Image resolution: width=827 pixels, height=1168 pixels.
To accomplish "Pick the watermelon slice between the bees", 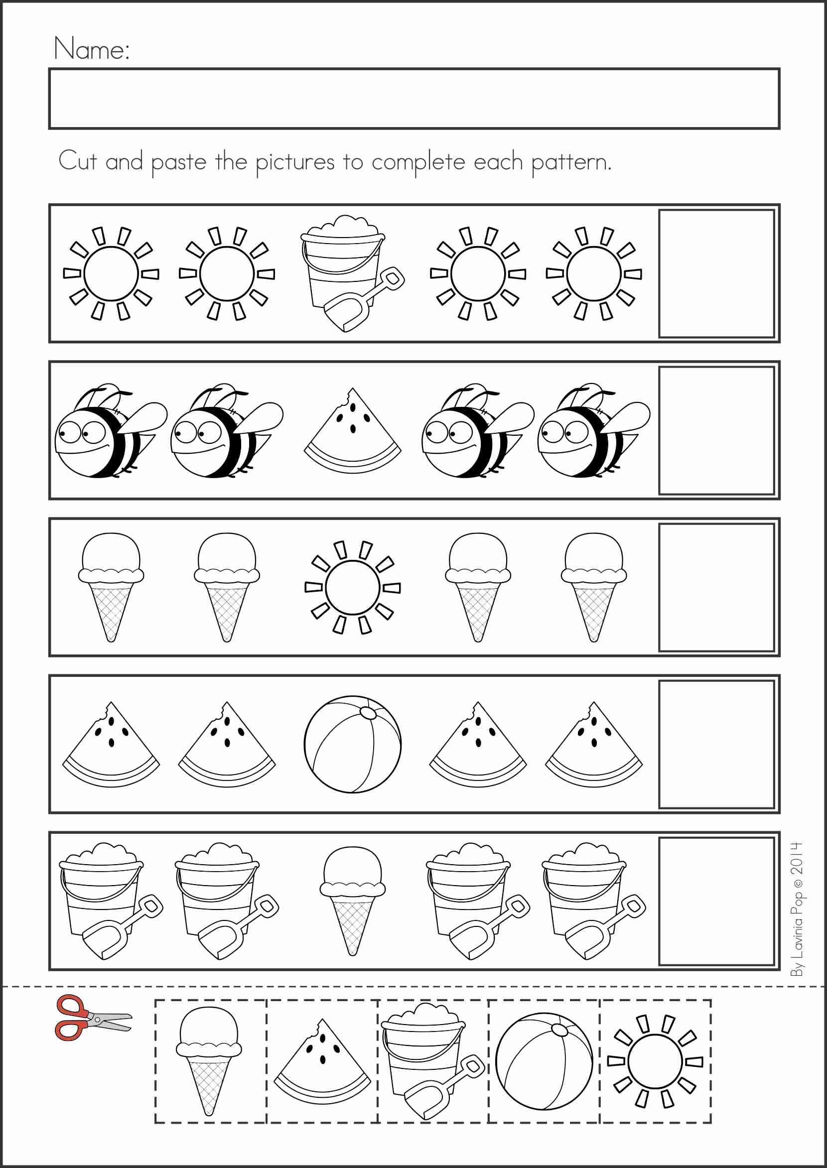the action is point(352,430).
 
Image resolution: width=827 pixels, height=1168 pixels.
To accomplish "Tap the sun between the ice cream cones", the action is point(352,587).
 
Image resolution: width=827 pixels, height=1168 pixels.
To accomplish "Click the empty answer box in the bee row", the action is point(716,430).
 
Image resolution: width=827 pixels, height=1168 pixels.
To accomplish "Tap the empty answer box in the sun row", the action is point(716,273).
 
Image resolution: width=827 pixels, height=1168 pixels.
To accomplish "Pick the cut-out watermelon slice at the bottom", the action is point(322,1061).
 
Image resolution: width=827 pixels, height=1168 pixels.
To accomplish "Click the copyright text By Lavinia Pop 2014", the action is point(797,909).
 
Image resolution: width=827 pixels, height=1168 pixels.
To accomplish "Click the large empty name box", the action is point(414,98).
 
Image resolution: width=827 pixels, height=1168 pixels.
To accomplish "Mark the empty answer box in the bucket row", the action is point(716,901).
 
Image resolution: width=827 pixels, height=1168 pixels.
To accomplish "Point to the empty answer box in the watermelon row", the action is point(716,745).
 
